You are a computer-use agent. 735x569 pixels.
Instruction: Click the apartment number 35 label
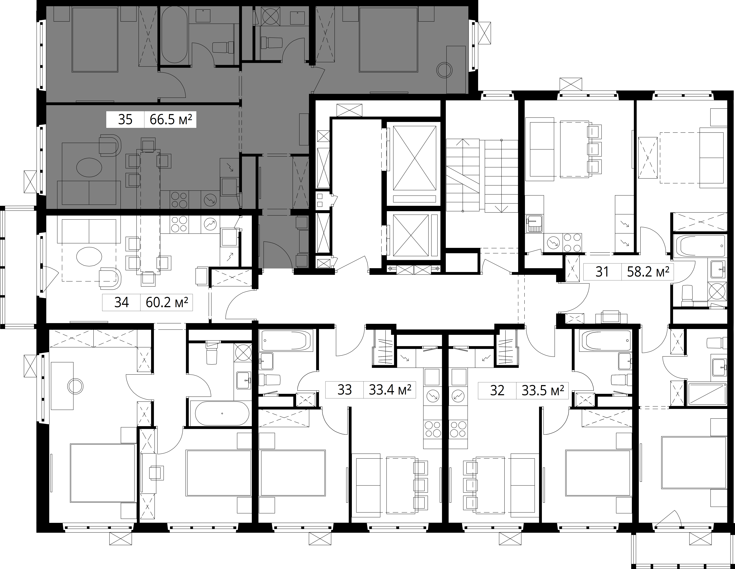click(125, 120)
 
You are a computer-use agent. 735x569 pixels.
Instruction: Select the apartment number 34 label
click(121, 302)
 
